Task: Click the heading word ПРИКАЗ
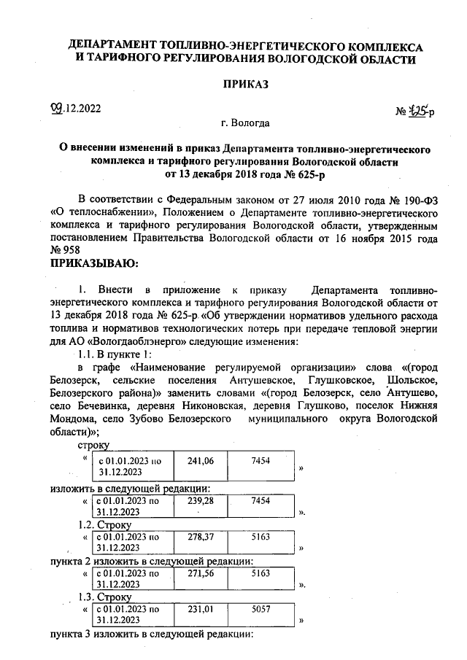pos(245,85)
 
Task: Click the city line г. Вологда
pos(245,123)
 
